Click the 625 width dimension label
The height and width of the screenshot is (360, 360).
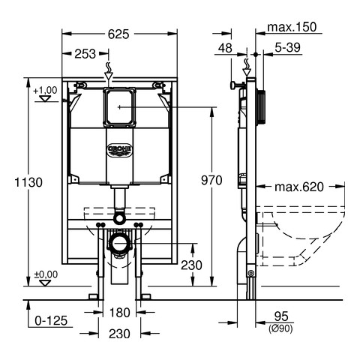118,34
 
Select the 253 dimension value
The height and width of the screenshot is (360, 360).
85,54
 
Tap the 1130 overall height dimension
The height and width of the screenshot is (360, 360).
28,182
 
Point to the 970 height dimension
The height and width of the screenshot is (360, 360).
211,180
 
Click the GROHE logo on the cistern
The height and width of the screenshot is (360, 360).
119,150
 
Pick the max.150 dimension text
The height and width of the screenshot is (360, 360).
292,27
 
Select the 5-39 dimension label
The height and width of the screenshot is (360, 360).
287,47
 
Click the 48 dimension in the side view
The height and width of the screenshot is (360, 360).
225,48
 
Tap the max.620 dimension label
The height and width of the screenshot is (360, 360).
299,187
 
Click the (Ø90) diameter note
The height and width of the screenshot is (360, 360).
280,328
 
